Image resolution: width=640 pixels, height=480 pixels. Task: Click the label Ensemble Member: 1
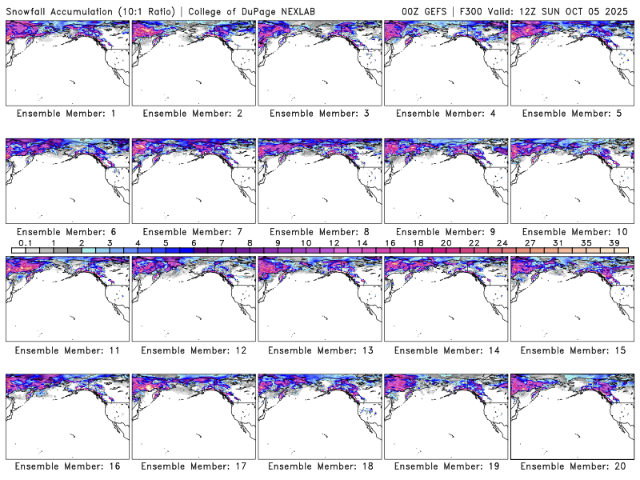click(66, 114)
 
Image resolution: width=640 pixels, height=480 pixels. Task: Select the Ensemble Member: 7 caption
click(193, 232)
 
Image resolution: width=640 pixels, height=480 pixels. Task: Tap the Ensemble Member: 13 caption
click(318, 350)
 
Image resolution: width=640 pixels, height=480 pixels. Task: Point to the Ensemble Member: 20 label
click(571, 466)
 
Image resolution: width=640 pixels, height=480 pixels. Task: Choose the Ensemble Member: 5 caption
click(571, 114)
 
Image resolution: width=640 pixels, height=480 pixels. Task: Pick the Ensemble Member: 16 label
click(66, 466)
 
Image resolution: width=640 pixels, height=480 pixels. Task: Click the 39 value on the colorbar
click(614, 242)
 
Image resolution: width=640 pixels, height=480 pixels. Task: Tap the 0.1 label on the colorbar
click(26, 242)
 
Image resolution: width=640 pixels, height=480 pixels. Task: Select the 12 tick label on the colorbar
click(334, 242)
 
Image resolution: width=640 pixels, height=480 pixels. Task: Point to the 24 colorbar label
click(502, 242)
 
